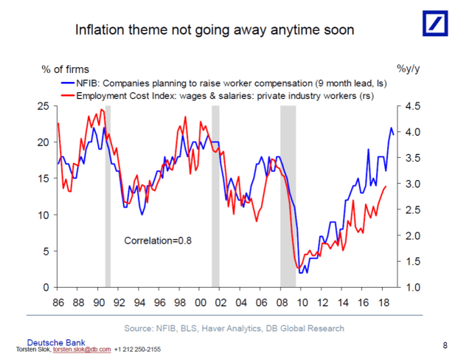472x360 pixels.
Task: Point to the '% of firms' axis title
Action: (x=66, y=69)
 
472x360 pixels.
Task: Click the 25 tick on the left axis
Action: (x=41, y=106)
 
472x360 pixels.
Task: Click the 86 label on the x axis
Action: (x=58, y=302)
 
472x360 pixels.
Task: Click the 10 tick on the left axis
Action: (x=41, y=215)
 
